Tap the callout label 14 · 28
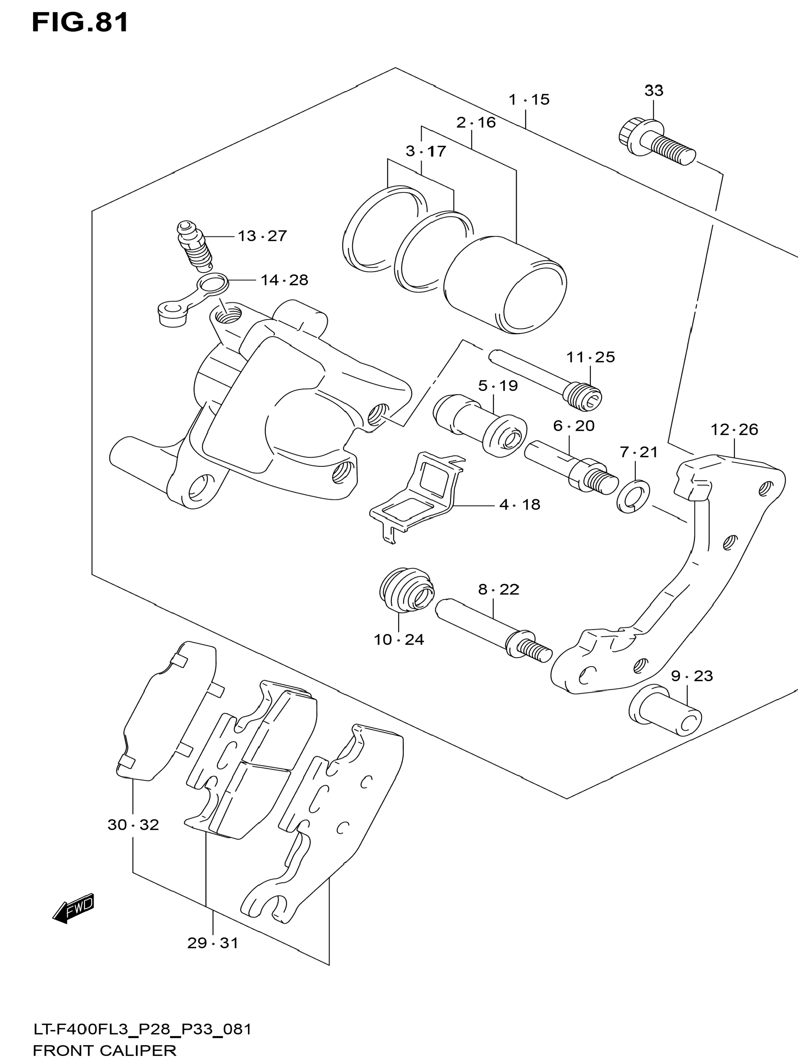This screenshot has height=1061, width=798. coord(284,280)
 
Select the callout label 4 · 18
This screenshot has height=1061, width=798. coord(520,505)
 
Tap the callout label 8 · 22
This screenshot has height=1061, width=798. coord(499,590)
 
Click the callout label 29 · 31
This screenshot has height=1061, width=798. coord(212,943)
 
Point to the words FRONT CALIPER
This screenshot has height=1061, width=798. coord(105,1051)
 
